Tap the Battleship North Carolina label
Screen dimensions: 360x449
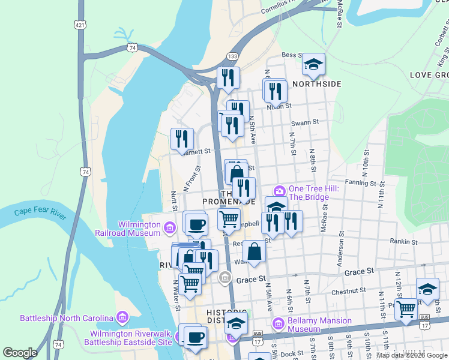coord(67,317)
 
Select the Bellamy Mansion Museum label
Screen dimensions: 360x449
coord(319,325)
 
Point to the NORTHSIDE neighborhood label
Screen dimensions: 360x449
coord(316,84)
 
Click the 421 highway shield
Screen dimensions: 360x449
coord(80,25)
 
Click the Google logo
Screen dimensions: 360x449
coord(20,353)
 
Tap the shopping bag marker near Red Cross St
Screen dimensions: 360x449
coord(255,252)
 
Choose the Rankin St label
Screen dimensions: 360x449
coord(403,242)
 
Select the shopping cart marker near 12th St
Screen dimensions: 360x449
coord(406,310)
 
